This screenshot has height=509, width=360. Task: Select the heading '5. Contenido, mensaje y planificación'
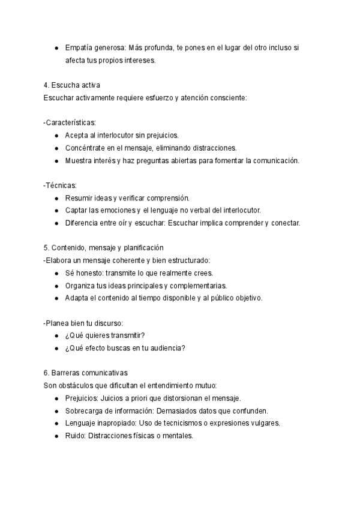pyautogui.click(x=104, y=248)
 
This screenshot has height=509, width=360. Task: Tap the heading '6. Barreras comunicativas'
pyautogui.click(x=86, y=372)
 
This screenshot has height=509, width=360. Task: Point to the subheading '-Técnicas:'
pyautogui.click(x=60, y=185)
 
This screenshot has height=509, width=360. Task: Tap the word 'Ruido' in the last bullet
pyautogui.click(x=74, y=436)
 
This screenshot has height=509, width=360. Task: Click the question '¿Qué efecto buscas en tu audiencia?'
pyautogui.click(x=125, y=348)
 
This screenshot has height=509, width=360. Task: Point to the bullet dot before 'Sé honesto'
pyautogui.click(x=56, y=273)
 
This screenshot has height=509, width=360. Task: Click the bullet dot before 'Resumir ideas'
pyautogui.click(x=56, y=198)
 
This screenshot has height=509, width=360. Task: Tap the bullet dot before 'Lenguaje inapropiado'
pyautogui.click(x=56, y=423)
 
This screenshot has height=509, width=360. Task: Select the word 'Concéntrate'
pyautogui.click(x=85, y=148)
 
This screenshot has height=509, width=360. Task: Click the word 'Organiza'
pyautogui.click(x=81, y=285)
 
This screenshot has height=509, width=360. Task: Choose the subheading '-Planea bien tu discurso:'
pyautogui.click(x=83, y=322)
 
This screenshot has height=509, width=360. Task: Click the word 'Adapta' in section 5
pyautogui.click(x=77, y=298)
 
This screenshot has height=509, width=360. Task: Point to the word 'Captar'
pyautogui.click(x=76, y=210)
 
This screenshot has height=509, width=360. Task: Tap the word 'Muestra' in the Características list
pyautogui.click(x=79, y=160)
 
